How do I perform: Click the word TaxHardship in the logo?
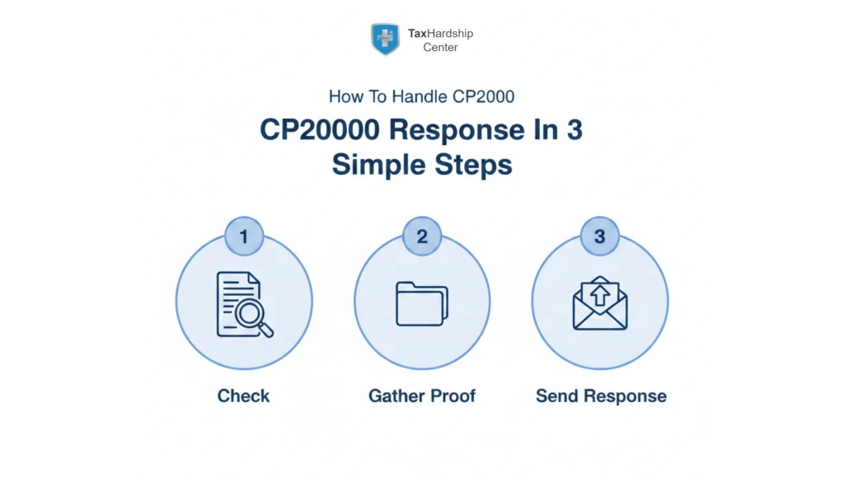point(440,34)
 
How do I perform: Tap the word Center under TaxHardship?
point(440,48)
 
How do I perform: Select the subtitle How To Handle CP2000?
point(421,96)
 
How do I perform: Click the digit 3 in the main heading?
point(574,131)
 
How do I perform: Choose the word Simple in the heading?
point(374,164)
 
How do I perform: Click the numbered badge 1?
point(243,237)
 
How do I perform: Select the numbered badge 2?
point(422,237)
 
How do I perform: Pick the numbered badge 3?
point(600,237)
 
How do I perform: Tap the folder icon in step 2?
point(421,303)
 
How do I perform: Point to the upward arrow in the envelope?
point(600,293)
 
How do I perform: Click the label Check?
point(243,396)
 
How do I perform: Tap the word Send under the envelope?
point(556,396)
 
